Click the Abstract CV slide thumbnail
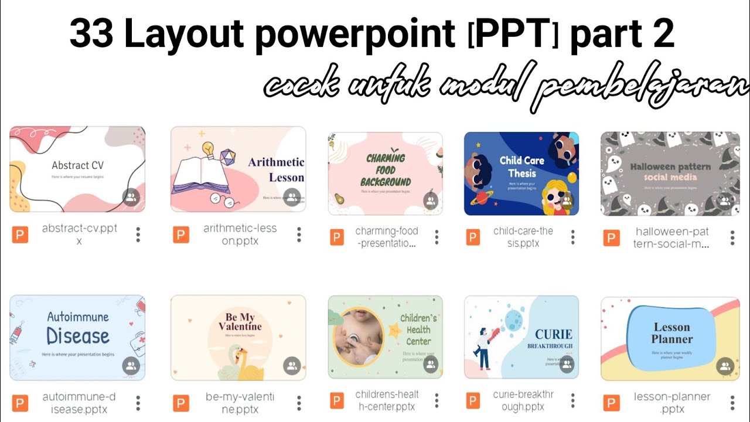[77, 169]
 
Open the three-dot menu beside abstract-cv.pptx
[138, 234]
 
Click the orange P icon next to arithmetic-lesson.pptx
[181, 235]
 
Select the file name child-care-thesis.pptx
[522, 237]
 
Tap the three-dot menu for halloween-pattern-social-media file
[732, 237]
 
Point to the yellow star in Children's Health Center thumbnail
[396, 331]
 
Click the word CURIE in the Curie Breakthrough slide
[553, 334]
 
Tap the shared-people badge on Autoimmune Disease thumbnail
[131, 366]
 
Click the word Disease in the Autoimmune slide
[78, 336]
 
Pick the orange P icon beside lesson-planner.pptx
[611, 403]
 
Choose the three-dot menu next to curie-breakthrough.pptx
[572, 401]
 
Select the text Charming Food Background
[385, 170]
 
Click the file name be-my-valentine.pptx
[240, 403]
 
